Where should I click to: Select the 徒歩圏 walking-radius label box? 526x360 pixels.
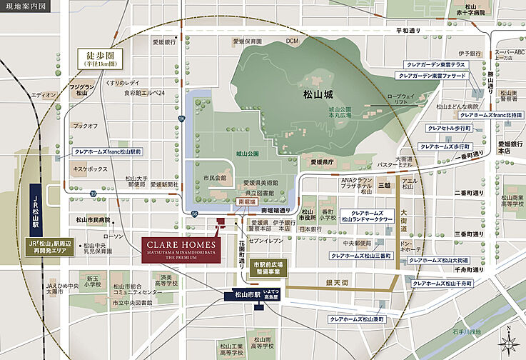[100, 58]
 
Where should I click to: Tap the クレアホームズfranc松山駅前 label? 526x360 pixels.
[108, 152]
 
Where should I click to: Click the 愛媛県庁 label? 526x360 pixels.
[318, 162]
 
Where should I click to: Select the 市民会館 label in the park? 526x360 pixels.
[214, 177]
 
